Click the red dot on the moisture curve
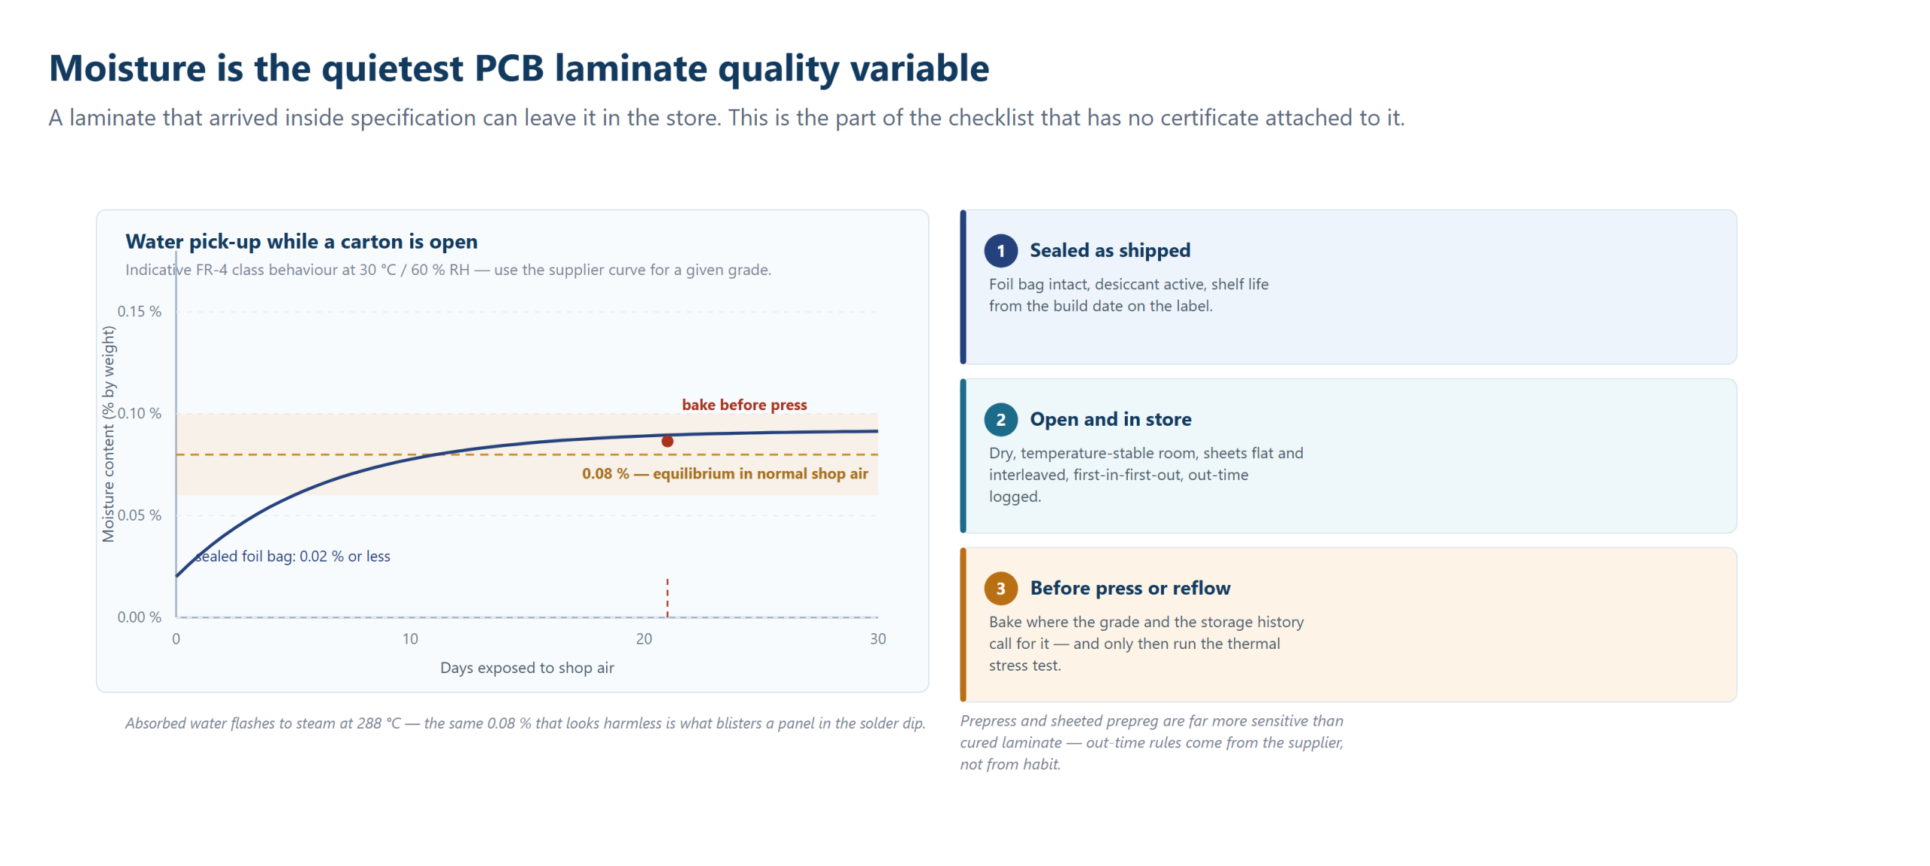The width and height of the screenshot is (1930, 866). pyautogui.click(x=667, y=441)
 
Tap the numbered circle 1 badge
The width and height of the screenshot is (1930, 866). pyautogui.click(x=1000, y=251)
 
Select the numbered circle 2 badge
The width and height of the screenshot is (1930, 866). pyautogui.click(x=1000, y=420)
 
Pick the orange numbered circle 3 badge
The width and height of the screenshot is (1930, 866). pyautogui.click(x=1000, y=589)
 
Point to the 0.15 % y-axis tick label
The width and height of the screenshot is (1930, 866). pyautogui.click(x=139, y=311)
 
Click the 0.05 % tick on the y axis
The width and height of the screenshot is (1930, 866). pyautogui.click(x=139, y=516)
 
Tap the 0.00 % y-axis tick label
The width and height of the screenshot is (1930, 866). pyautogui.click(x=139, y=617)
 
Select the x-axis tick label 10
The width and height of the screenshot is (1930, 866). pyautogui.click(x=410, y=639)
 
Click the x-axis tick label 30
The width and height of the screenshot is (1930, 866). pyautogui.click(x=878, y=639)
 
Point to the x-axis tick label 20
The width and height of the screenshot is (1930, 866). pyautogui.click(x=644, y=639)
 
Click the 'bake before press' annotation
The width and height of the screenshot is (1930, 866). pyautogui.click(x=744, y=405)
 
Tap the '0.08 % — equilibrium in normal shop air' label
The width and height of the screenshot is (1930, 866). pyautogui.click(x=725, y=473)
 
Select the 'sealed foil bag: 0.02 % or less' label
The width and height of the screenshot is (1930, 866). pyautogui.click(x=293, y=556)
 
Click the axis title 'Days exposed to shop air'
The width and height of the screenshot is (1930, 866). pyautogui.click(x=527, y=668)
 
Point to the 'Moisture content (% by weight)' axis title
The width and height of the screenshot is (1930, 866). pyautogui.click(x=109, y=434)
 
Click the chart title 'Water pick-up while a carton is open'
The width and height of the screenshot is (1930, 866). pyautogui.click(x=302, y=241)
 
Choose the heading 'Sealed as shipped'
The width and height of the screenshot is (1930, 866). pyautogui.click(x=1110, y=250)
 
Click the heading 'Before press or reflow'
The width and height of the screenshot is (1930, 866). pyautogui.click(x=1130, y=588)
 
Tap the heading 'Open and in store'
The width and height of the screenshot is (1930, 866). pyautogui.click(x=1111, y=419)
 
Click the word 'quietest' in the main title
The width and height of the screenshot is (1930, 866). pyautogui.click(x=393, y=69)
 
